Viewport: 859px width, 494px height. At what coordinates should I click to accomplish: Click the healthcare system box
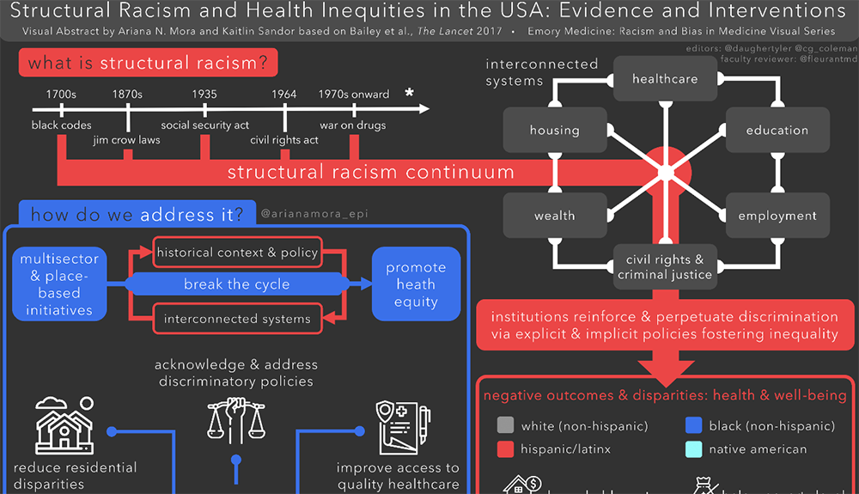coord(665,79)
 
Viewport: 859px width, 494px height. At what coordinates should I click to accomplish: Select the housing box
coord(554,131)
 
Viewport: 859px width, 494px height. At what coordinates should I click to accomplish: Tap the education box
coord(777,131)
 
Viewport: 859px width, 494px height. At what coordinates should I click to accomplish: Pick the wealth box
coord(554,216)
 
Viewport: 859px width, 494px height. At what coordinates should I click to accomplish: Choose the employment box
coord(777,216)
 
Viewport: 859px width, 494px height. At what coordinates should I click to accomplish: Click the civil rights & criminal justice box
coord(665,266)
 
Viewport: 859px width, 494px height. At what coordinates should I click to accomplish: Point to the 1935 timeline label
coord(204,94)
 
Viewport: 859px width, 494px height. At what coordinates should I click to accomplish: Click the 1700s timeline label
coord(62,94)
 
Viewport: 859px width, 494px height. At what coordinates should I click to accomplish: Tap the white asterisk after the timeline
coord(410,92)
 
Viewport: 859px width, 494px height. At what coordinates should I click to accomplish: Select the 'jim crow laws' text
coord(126,140)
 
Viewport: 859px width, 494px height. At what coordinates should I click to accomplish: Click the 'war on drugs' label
coord(352,125)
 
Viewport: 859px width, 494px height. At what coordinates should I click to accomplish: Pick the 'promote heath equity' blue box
coord(416,284)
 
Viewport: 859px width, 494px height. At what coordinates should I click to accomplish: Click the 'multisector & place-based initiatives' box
coord(59,284)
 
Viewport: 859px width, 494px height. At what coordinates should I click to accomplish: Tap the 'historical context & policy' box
coord(237,253)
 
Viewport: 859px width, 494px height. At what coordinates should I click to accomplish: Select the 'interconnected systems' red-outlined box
coord(237,319)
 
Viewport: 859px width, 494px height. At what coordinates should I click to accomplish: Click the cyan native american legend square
coord(694,448)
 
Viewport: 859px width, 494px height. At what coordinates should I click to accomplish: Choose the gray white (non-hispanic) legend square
coord(505,425)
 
